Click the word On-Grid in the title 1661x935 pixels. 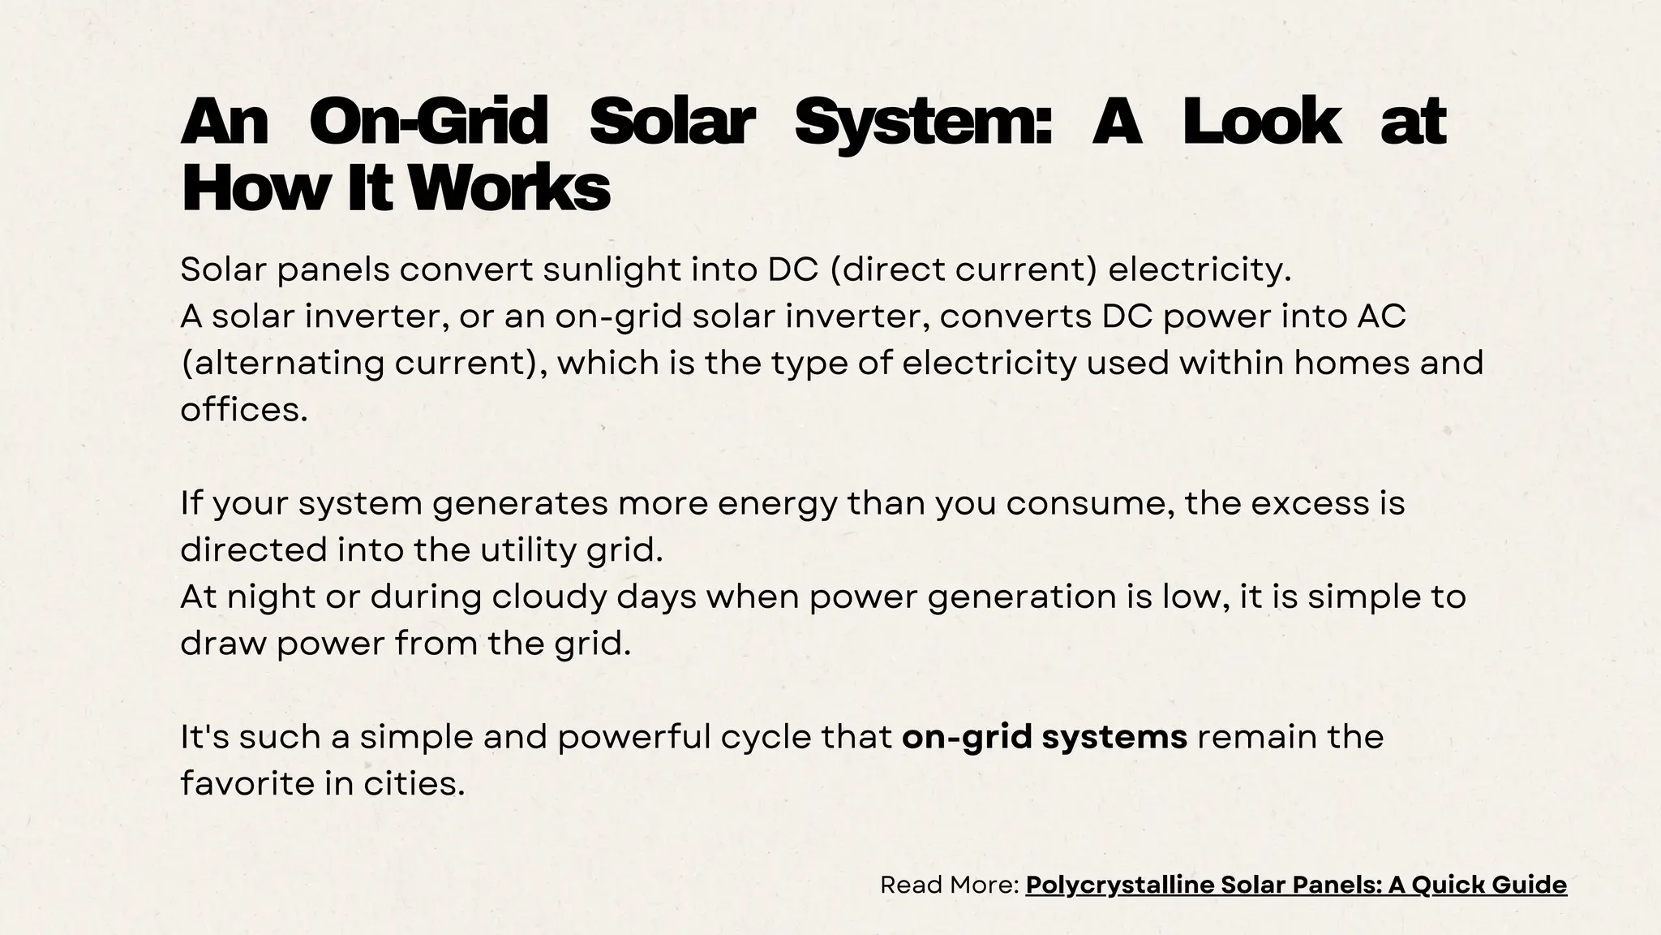coord(428,122)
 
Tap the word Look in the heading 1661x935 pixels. coord(1260,122)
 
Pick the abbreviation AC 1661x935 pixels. coord(1381,317)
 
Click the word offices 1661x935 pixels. coord(243,410)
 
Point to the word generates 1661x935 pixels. coord(519,503)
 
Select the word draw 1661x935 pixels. coord(223,644)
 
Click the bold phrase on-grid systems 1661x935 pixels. coord(1045,737)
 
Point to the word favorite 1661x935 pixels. coord(247,784)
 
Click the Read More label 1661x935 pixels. coord(949,885)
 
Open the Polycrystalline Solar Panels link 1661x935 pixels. coord(1296,885)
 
